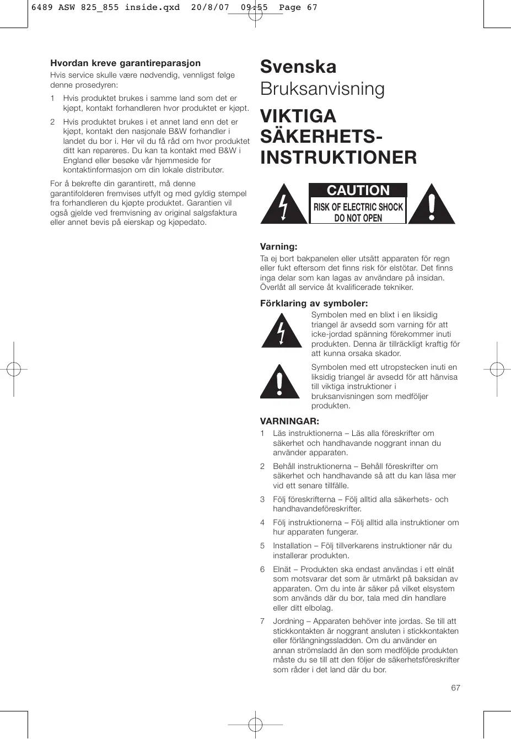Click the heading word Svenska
point(298,67)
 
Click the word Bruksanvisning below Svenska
point(322,89)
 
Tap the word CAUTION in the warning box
point(358,190)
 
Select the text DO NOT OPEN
point(358,218)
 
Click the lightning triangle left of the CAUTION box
point(283,205)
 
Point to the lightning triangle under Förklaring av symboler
point(281,331)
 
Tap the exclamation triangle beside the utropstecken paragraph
point(280,382)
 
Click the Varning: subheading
point(278,247)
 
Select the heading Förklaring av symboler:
point(314,303)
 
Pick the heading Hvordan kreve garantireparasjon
point(125,63)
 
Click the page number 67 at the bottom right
point(455,688)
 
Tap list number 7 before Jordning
point(262,621)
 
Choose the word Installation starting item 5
point(292,546)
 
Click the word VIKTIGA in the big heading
point(298,116)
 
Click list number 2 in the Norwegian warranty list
point(52,122)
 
